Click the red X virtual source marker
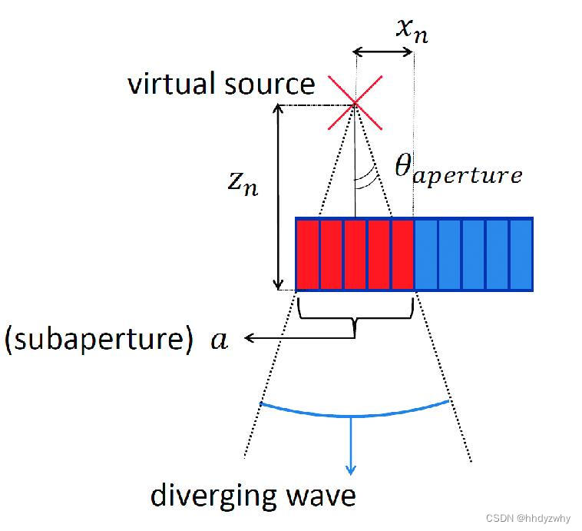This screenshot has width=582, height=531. point(354,103)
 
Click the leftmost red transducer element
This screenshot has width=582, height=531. point(307,255)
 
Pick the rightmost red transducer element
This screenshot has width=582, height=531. point(402,255)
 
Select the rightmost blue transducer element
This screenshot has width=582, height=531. point(521,255)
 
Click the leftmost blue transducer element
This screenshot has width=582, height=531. point(426,255)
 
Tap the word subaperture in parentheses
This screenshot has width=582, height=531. point(99,340)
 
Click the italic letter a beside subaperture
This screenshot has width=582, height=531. point(220,340)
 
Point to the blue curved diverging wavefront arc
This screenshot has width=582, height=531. point(354,415)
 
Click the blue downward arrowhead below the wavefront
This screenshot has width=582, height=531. point(352,468)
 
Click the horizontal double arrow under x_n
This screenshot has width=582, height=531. point(383,52)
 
